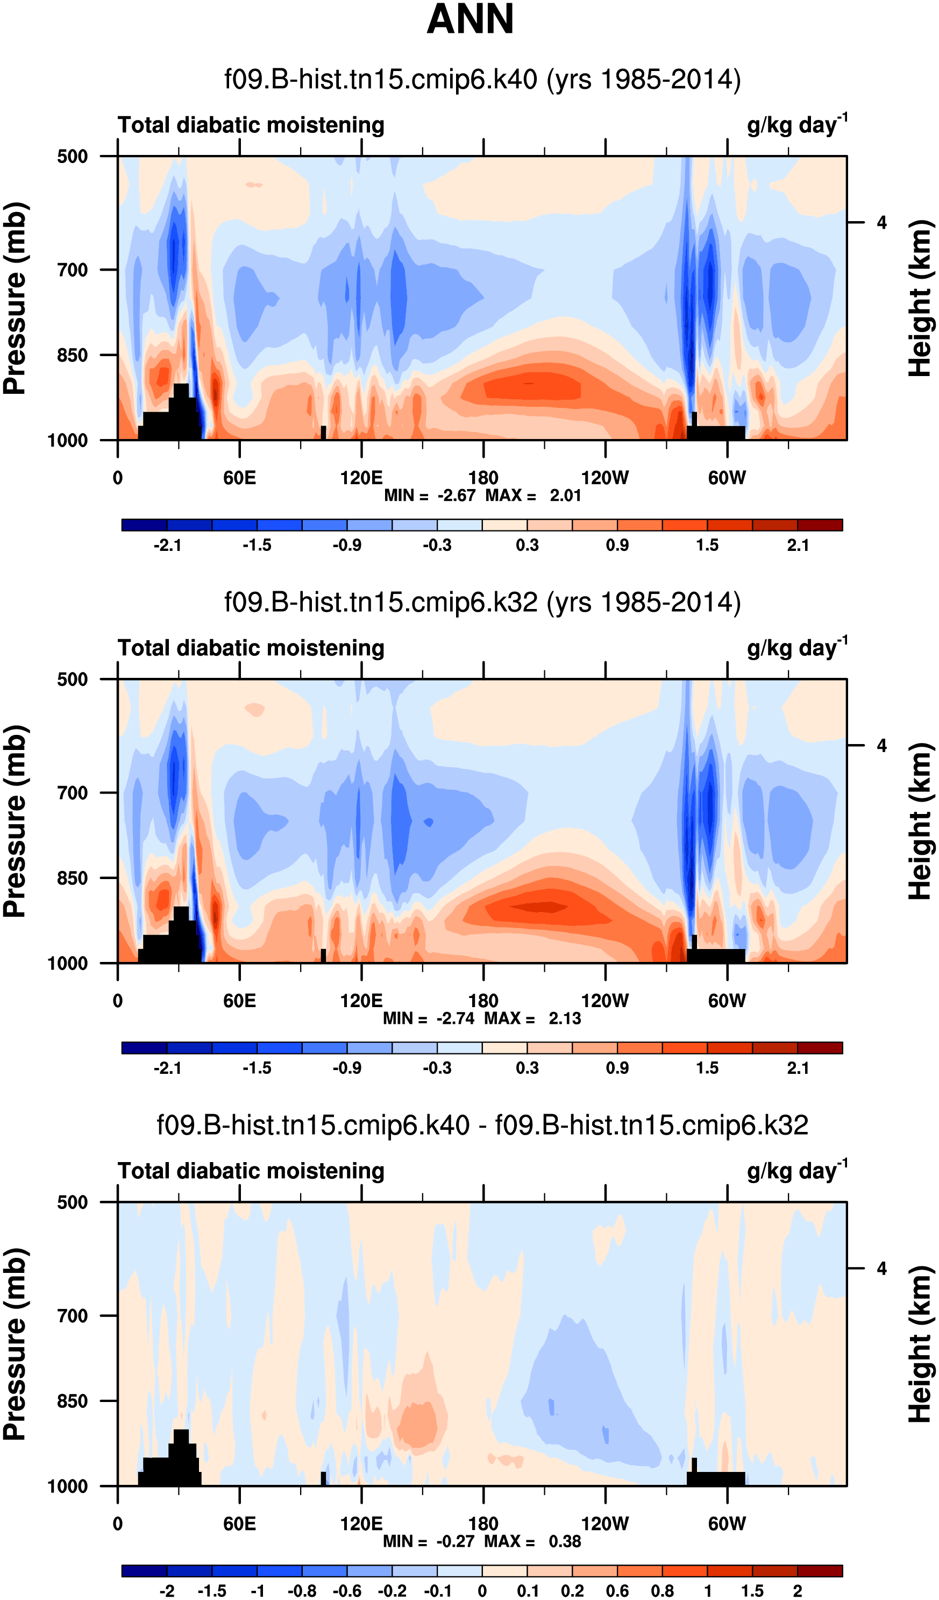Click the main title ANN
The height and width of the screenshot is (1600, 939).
tap(470, 19)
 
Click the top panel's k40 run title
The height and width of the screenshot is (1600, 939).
tap(482, 80)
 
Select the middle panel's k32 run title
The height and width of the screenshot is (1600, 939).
tap(482, 602)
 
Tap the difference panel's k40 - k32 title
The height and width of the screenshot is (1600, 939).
tap(482, 1125)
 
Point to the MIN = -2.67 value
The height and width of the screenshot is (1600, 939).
tap(430, 496)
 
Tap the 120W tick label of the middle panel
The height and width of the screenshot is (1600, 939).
tap(604, 1001)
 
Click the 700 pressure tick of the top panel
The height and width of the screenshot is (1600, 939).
tap(73, 270)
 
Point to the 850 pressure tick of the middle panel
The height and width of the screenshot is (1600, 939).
tap(73, 878)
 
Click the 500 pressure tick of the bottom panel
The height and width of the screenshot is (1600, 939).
tap(73, 1202)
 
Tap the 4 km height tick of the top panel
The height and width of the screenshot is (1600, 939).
tap(881, 223)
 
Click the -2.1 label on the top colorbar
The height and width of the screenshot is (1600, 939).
tap(167, 546)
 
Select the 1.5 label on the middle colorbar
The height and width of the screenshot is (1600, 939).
tap(707, 1068)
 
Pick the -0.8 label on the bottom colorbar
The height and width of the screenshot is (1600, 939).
tap(302, 1591)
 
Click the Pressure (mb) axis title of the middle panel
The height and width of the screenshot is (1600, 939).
tap(15, 821)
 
